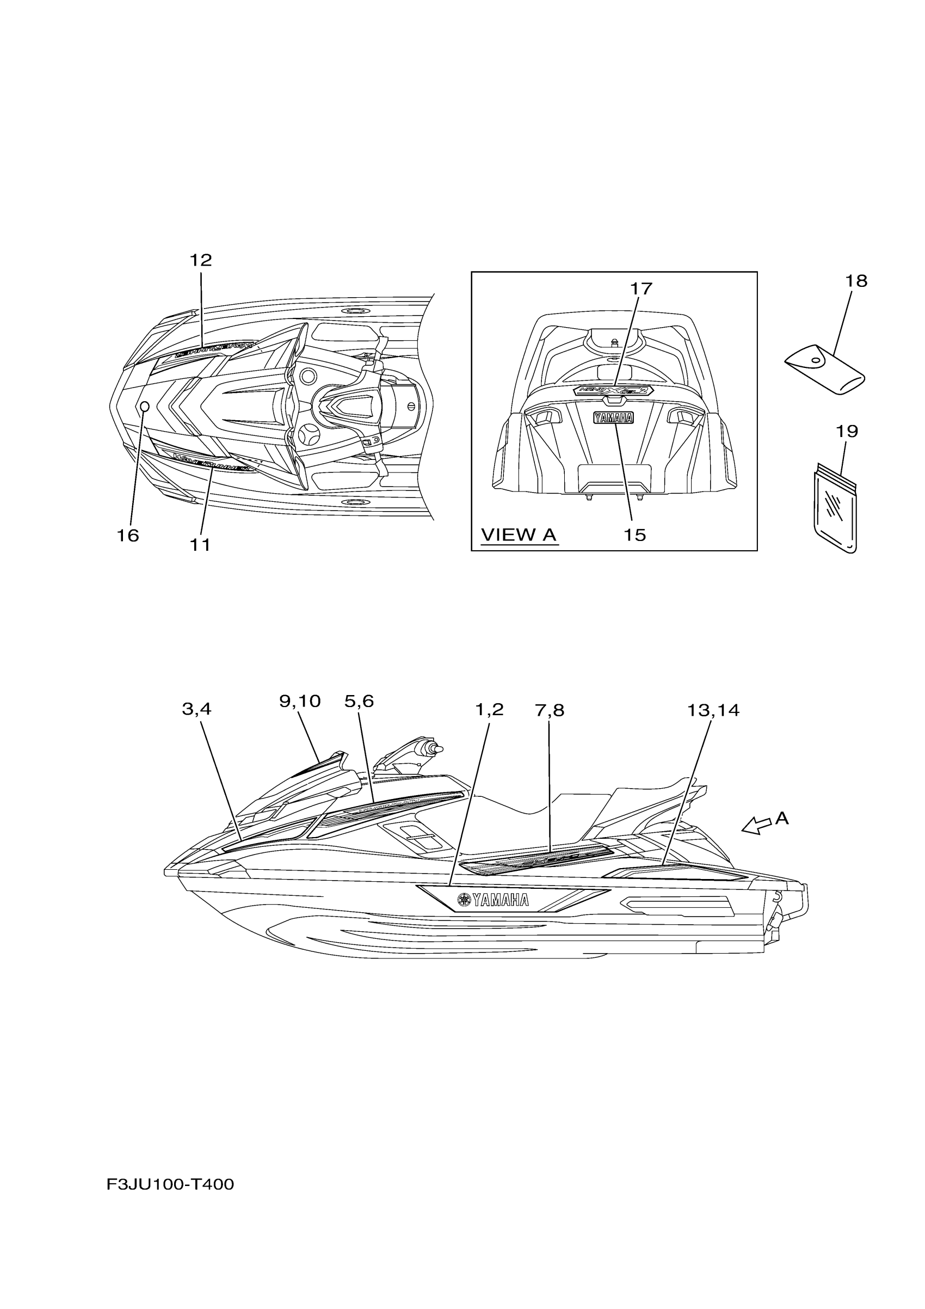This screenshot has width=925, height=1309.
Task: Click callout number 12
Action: pyautogui.click(x=201, y=261)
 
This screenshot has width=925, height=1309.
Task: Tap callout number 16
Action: pyautogui.click(x=128, y=536)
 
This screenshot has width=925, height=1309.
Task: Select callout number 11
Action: pyautogui.click(x=200, y=545)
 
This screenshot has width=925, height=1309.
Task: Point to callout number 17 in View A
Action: pyautogui.click(x=640, y=289)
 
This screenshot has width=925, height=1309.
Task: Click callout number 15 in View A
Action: pyautogui.click(x=634, y=535)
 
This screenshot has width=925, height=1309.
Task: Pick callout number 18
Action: pyautogui.click(x=855, y=280)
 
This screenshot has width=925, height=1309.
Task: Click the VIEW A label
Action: pyautogui.click(x=518, y=535)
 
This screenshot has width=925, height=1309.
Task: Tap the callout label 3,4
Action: pyautogui.click(x=196, y=709)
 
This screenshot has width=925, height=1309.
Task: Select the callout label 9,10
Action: pyautogui.click(x=300, y=701)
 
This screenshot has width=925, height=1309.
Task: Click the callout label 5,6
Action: pyautogui.click(x=359, y=701)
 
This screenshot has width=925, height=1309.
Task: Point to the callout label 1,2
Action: pyautogui.click(x=489, y=709)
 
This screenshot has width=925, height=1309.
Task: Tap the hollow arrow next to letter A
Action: pyautogui.click(x=756, y=825)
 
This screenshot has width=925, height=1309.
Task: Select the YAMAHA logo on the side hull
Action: pyautogui.click(x=493, y=900)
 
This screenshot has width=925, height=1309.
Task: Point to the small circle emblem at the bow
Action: pyautogui.click(x=144, y=406)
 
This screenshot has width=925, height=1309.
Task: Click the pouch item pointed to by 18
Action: pyautogui.click(x=824, y=372)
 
